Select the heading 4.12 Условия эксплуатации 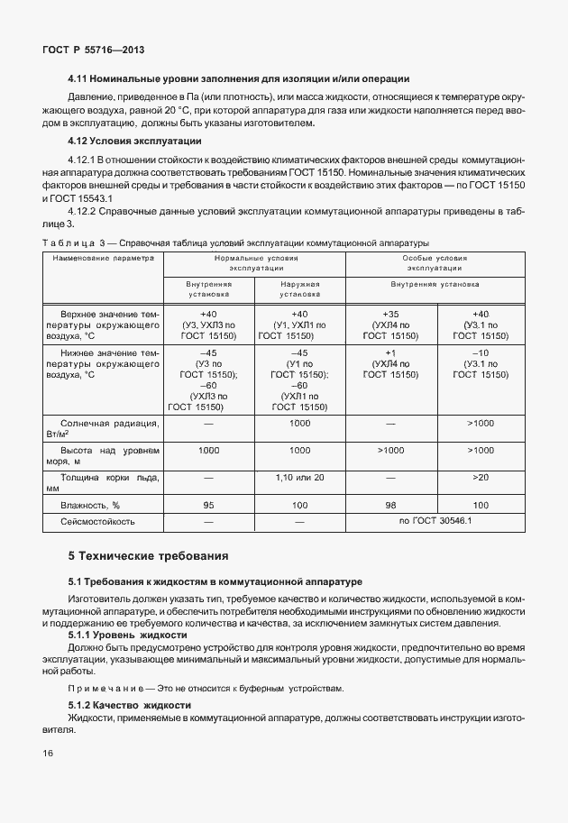(135, 141)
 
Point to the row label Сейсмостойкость (97, 521)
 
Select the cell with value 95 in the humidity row (208, 505)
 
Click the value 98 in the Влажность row (390, 505)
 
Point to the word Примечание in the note (102, 689)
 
